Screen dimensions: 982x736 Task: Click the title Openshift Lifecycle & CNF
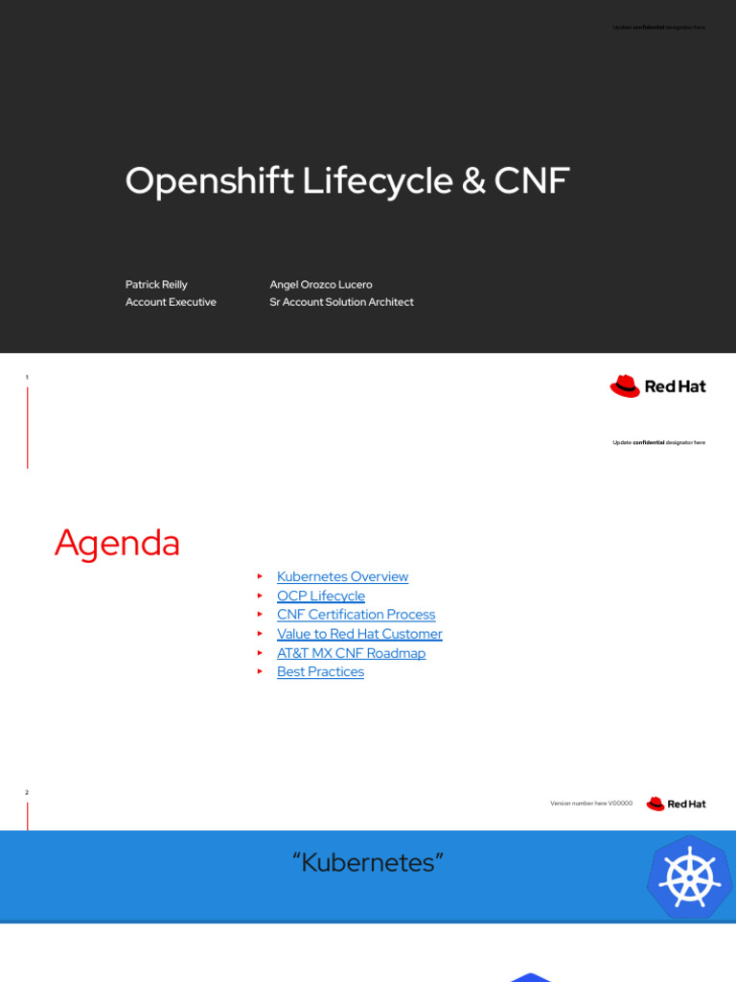pyautogui.click(x=347, y=181)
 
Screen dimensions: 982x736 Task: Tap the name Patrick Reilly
pyautogui.click(x=156, y=285)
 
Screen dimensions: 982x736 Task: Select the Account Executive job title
pyautogui.click(x=171, y=302)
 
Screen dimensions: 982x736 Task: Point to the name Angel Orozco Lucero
pyautogui.click(x=321, y=285)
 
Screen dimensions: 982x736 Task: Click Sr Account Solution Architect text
pyautogui.click(x=341, y=302)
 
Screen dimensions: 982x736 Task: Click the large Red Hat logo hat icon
pyautogui.click(x=625, y=386)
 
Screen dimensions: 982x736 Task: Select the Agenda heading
pyautogui.click(x=117, y=543)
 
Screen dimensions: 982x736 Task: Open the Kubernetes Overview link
pyautogui.click(x=342, y=576)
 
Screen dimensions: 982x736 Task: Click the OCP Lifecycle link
pyautogui.click(x=320, y=596)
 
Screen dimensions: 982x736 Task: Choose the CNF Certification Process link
pyautogui.click(x=356, y=615)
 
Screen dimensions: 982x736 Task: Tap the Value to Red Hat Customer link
pyautogui.click(x=359, y=634)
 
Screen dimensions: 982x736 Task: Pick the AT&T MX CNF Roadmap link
pyautogui.click(x=351, y=653)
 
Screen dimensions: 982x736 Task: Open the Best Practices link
pyautogui.click(x=320, y=672)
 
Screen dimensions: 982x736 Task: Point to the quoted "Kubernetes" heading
pyautogui.click(x=368, y=863)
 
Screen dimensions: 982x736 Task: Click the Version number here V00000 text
pyautogui.click(x=591, y=804)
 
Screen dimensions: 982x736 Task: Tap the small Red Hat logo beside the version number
pyautogui.click(x=676, y=804)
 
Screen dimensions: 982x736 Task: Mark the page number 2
pyautogui.click(x=27, y=792)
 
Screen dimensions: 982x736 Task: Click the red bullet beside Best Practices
pyautogui.click(x=259, y=672)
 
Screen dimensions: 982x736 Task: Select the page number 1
pyautogui.click(x=27, y=377)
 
